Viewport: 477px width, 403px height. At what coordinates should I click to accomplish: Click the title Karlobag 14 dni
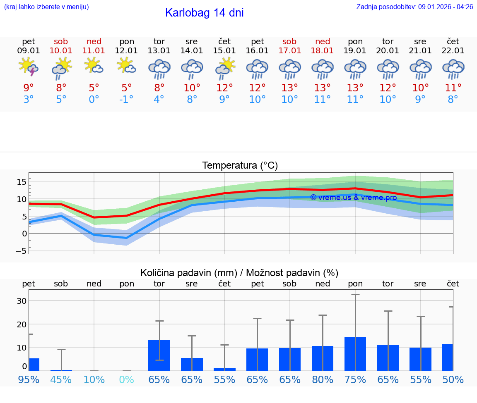[204, 13]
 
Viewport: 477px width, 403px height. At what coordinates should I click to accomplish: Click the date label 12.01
[126, 51]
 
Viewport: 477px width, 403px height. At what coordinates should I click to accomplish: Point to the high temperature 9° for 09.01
[29, 88]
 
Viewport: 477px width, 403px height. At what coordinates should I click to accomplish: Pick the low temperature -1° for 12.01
[126, 100]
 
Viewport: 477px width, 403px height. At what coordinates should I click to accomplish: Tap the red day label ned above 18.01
[323, 41]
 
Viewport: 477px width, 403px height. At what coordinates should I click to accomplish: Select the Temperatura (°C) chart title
[240, 166]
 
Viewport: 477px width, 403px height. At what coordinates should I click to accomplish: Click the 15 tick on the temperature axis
[22, 182]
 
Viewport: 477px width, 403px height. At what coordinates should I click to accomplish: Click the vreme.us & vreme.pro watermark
[353, 198]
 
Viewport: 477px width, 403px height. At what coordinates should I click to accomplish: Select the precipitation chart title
[239, 273]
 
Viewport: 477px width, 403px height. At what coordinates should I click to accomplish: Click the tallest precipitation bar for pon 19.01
[355, 354]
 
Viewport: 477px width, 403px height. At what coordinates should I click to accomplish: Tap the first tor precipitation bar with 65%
[159, 355]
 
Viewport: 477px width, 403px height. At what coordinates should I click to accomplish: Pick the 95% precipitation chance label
[29, 379]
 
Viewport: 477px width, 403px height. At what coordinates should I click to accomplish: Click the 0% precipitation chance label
[126, 379]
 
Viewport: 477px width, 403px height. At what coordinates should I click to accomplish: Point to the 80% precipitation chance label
[323, 379]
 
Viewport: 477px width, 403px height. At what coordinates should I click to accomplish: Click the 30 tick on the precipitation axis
[22, 301]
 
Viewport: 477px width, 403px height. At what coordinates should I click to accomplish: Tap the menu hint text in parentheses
[46, 7]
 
